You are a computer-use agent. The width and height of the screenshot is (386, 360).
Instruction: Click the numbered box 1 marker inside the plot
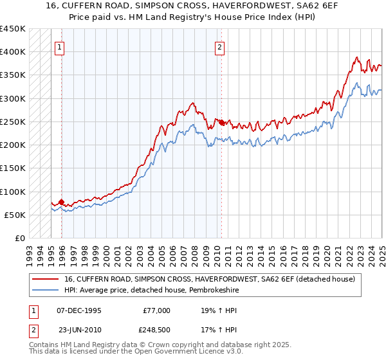(x=59, y=46)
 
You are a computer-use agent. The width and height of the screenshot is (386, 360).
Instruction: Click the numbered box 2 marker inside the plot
(x=219, y=46)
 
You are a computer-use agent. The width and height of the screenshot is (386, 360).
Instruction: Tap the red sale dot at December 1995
(x=62, y=202)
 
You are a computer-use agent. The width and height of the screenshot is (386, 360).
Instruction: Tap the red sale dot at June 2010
(x=221, y=122)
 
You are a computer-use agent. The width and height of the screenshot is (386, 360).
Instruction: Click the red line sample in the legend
(x=46, y=278)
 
